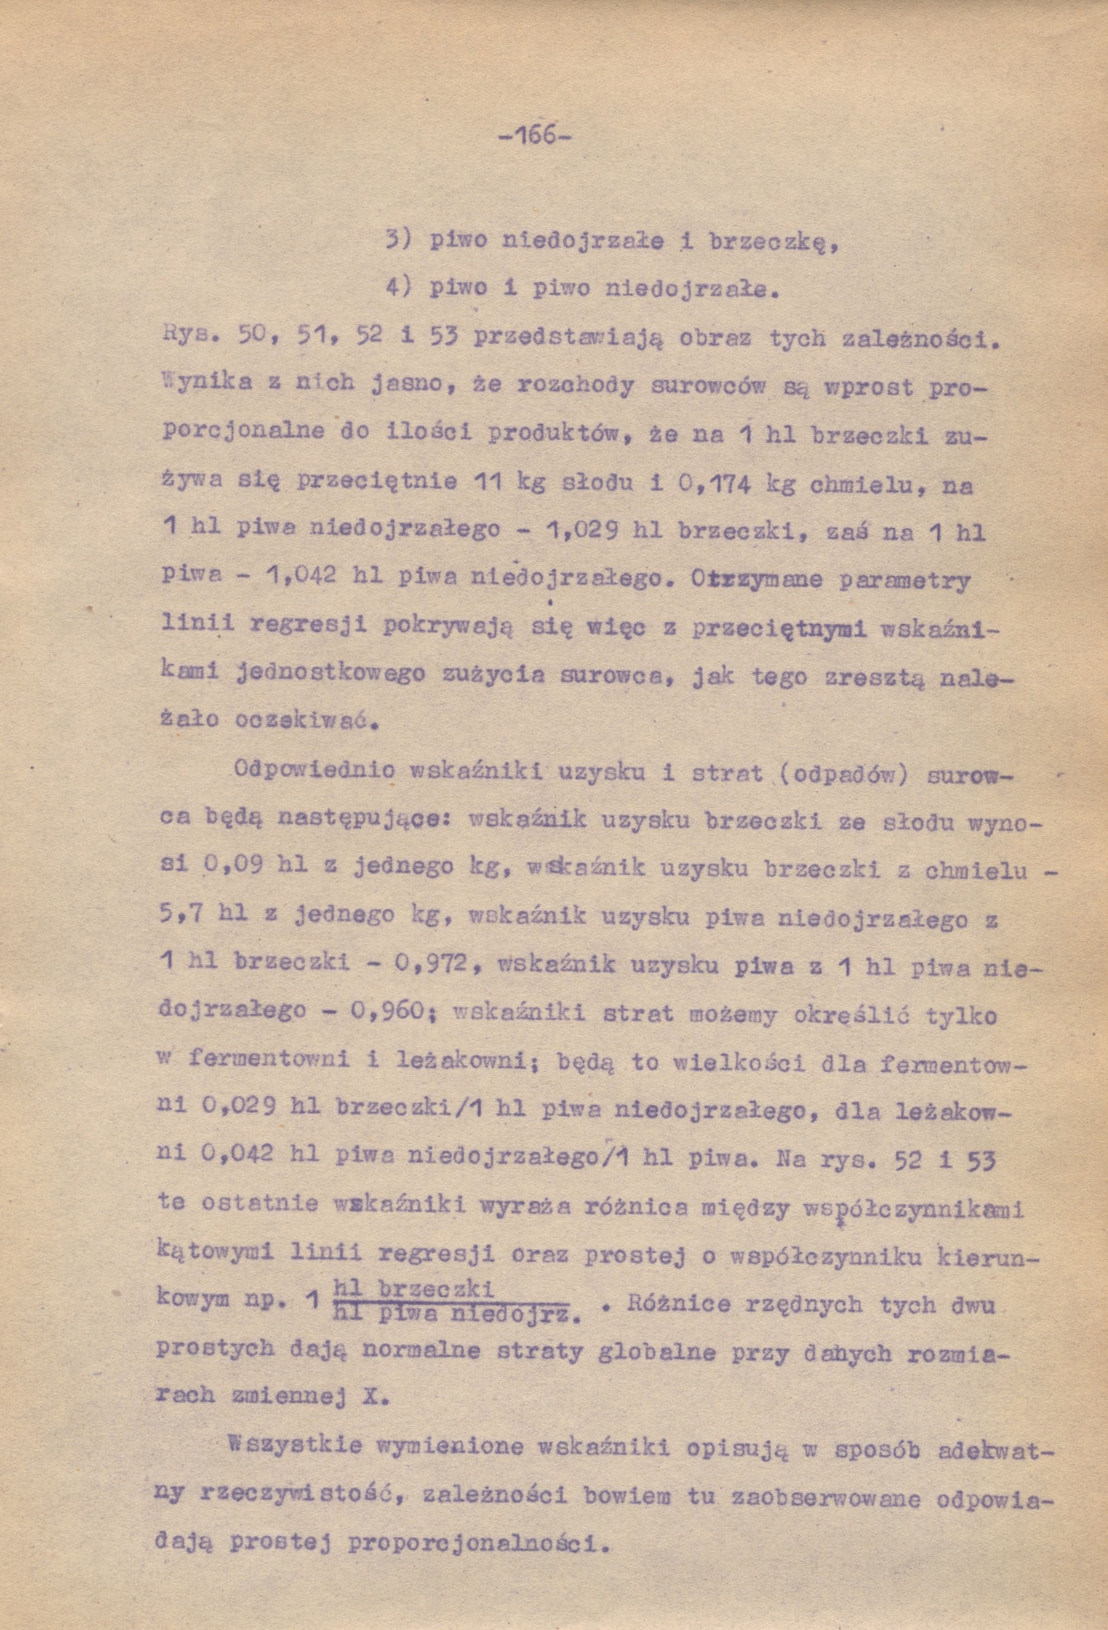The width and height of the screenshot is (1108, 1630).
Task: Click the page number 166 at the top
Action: click(x=535, y=134)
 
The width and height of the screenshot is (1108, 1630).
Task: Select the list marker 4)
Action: click(x=398, y=288)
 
